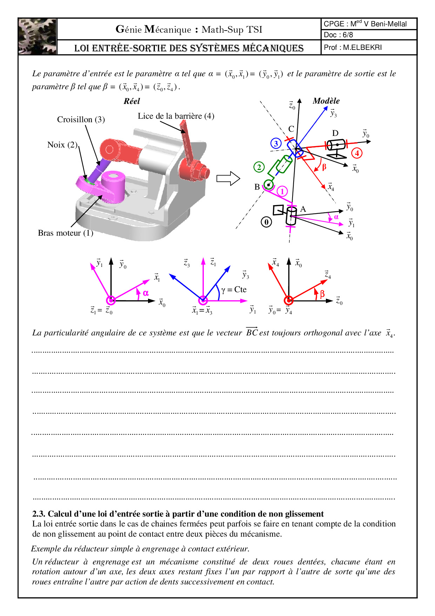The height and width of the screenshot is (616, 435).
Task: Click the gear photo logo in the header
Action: (x=38, y=37)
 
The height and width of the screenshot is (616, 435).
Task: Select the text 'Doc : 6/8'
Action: (x=338, y=35)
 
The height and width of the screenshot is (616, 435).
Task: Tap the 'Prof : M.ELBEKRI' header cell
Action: (x=353, y=47)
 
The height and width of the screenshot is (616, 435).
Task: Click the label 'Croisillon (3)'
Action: (x=81, y=119)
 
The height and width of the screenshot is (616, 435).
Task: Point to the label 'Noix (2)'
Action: (x=62, y=145)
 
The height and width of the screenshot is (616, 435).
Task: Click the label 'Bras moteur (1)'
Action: (x=65, y=233)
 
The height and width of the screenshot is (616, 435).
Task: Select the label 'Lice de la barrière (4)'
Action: (x=176, y=116)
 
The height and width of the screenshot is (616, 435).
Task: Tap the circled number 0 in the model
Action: (x=266, y=222)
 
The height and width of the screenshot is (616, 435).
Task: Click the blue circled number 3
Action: (x=276, y=143)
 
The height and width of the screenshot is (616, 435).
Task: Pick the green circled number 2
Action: (x=259, y=167)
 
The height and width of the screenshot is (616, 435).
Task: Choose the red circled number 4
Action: (x=357, y=153)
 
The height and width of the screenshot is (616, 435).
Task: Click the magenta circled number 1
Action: (x=282, y=191)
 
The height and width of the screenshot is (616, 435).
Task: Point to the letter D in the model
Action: (x=335, y=133)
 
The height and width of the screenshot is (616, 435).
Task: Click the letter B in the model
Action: (x=257, y=187)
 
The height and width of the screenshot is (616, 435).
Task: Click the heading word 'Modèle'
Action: (x=326, y=101)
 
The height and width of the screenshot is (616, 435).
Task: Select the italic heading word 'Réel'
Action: (x=132, y=101)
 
